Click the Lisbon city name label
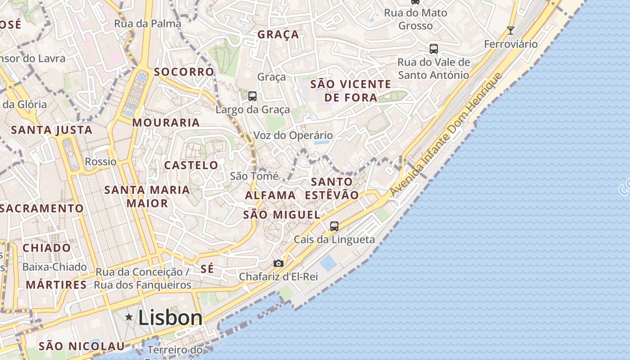[170, 318]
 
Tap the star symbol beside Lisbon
[129, 318]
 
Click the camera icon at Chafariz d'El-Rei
[279, 263]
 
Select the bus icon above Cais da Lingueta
[334, 226]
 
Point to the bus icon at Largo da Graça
[252, 96]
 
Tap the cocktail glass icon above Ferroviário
[510, 31]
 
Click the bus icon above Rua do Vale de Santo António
[434, 49]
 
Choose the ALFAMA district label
[270, 195]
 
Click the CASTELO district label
[191, 165]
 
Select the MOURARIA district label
[166, 122]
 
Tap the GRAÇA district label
[278, 35]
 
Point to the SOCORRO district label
[184, 72]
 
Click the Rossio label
[101, 162]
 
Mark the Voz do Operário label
[293, 135]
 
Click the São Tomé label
[254, 176]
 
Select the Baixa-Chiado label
[54, 267]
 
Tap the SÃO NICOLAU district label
[81, 346]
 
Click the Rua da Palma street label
[148, 23]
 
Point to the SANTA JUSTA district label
[51, 130]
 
